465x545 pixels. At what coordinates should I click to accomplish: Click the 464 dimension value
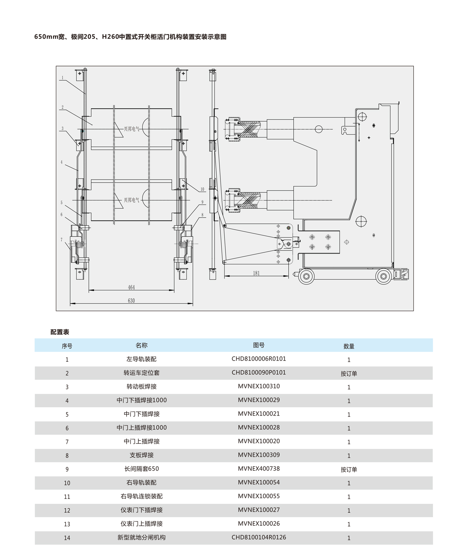[x=131, y=287]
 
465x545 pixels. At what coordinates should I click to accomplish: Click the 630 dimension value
[x=131, y=301]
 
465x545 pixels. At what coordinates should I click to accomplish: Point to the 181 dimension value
[x=256, y=273]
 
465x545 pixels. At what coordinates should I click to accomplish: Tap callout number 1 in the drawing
[x=62, y=78]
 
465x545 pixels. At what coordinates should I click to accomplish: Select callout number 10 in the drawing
[x=202, y=190]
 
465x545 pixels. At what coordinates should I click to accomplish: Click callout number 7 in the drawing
[x=61, y=240]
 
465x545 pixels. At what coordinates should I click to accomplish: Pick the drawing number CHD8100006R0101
[x=259, y=359]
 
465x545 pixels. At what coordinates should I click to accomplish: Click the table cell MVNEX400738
[x=259, y=469]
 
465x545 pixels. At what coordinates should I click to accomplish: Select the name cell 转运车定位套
[x=141, y=373]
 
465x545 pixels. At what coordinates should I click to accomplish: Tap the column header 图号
[x=259, y=345]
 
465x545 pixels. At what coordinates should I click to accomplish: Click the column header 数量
[x=349, y=346]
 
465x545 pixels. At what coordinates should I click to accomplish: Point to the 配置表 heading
[x=60, y=332]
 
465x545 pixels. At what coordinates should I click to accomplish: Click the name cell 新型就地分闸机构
[x=141, y=537]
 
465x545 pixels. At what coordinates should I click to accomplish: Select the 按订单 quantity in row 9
[x=349, y=470]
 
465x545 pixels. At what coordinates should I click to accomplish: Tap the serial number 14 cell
[x=67, y=538]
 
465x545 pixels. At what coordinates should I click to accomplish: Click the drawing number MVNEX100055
[x=259, y=496]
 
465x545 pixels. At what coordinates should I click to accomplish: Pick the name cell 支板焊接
[x=141, y=455]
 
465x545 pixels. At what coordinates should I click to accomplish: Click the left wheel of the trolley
[x=306, y=276]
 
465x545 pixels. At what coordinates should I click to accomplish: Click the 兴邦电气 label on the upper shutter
[x=132, y=129]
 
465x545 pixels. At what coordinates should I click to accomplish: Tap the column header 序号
[x=67, y=346]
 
